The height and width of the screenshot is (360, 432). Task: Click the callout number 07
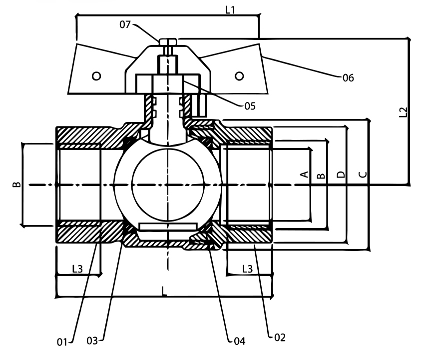click(125, 24)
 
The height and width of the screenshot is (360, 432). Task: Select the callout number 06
click(348, 78)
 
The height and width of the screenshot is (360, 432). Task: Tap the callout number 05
click(250, 106)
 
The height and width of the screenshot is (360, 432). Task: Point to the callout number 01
click(62, 342)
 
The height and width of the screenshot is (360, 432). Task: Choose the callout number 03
click(92, 340)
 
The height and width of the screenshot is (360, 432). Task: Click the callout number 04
click(239, 341)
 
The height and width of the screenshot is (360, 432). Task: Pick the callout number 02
click(280, 337)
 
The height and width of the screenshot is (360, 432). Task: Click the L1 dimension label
click(230, 10)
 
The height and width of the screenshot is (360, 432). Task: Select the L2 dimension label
click(403, 112)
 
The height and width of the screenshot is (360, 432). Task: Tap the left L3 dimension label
click(77, 268)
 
